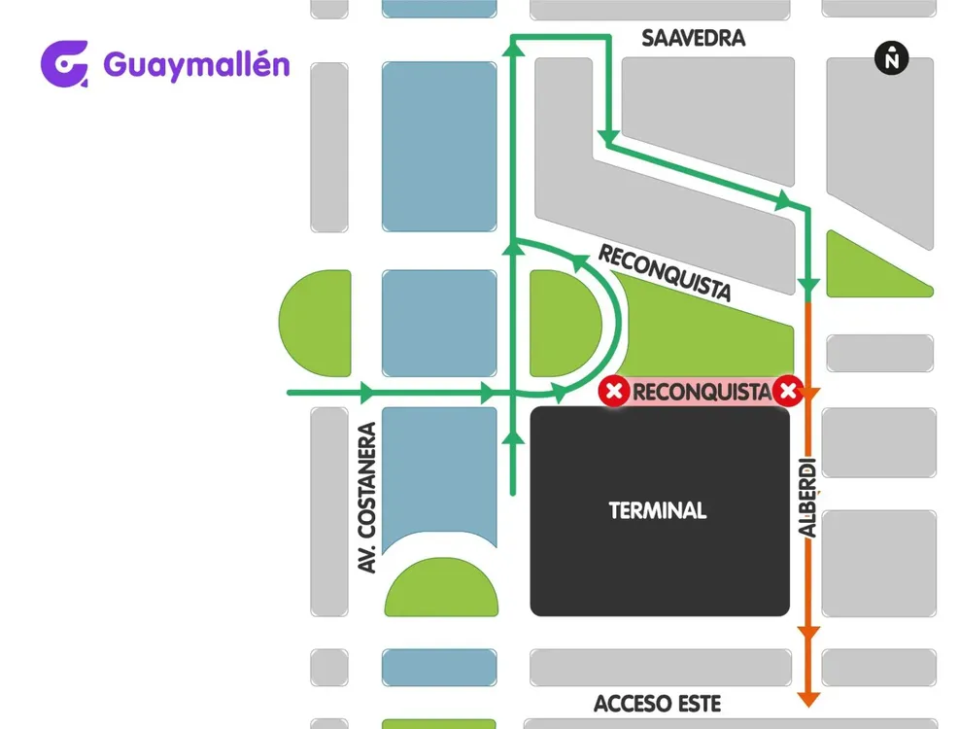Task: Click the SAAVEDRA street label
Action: [x=693, y=39]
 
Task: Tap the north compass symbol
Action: [x=891, y=58]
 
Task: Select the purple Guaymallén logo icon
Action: [x=65, y=64]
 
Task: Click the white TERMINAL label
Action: [x=658, y=510]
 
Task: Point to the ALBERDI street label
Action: [x=808, y=497]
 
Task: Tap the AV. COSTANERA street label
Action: [x=367, y=497]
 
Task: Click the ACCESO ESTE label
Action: [x=658, y=704]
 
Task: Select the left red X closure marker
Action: [x=613, y=393]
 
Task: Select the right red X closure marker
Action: [x=788, y=393]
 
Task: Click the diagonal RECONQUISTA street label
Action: [x=666, y=273]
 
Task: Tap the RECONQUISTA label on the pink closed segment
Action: [x=702, y=393]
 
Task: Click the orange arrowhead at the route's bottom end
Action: [x=807, y=699]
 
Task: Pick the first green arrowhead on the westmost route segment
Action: [x=366, y=394]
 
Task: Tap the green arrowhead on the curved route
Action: [x=581, y=261]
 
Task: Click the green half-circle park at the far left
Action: [x=316, y=324]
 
